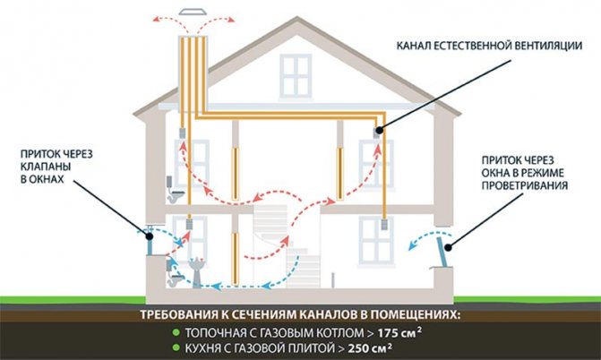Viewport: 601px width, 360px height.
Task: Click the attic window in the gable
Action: tap(296, 76)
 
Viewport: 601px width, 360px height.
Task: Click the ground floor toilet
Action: tap(175, 273)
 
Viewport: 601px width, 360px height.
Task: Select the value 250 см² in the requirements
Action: tap(370, 348)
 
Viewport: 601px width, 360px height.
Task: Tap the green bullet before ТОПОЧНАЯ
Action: tap(176, 332)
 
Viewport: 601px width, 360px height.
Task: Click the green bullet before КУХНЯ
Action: tap(176, 347)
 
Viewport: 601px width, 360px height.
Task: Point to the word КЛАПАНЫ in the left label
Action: tap(46, 167)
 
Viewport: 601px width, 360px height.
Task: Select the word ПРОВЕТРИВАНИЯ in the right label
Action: tap(524, 185)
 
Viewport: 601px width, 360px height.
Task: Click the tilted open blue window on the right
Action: tap(442, 252)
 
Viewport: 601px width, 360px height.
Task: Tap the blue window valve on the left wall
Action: tap(150, 241)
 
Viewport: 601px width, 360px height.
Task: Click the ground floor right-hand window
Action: tap(376, 241)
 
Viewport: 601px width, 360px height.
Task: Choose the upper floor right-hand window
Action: tap(375, 164)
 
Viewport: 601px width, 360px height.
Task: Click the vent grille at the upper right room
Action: tap(376, 133)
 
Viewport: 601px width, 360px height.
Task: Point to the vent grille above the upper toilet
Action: tap(183, 133)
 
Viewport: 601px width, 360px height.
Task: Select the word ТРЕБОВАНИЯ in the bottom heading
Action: tap(178, 314)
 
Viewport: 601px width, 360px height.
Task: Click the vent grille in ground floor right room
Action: tap(384, 224)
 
